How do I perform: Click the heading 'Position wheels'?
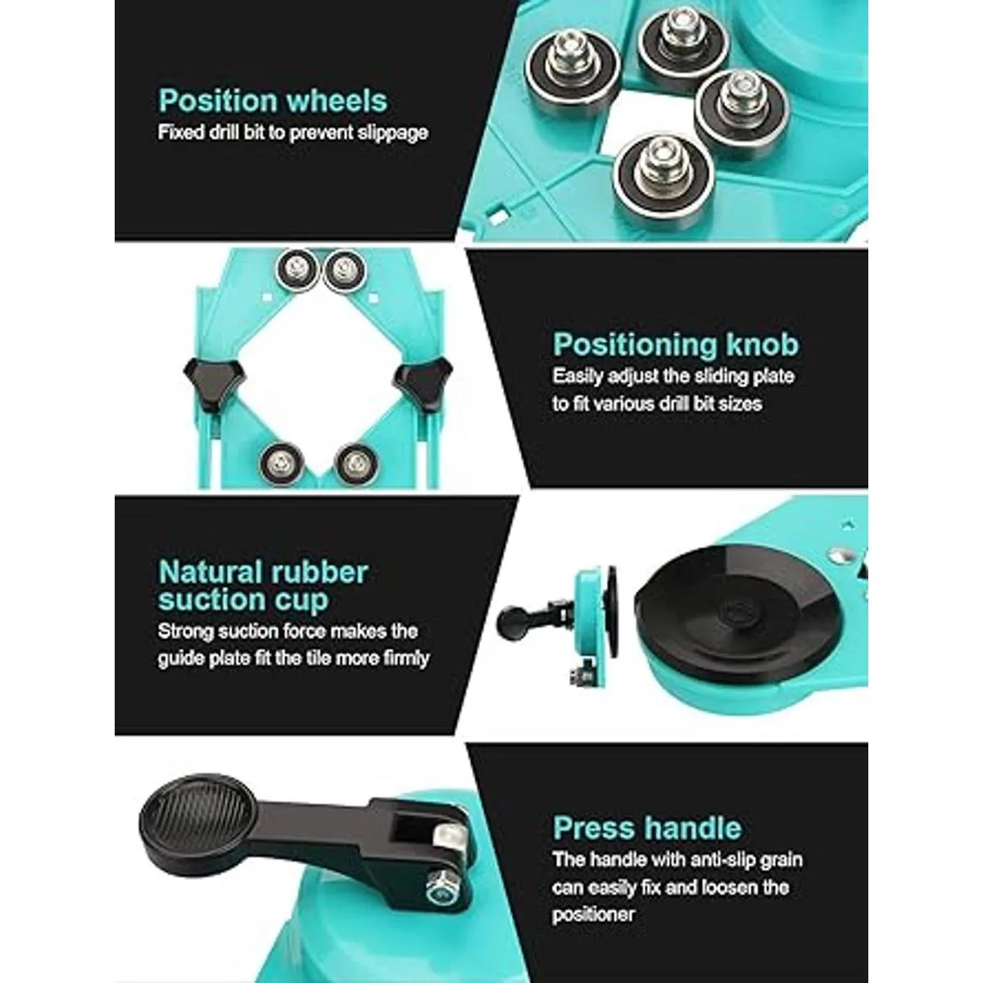point(273,101)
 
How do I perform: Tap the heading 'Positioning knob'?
point(675,344)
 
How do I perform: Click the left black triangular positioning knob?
point(213,379)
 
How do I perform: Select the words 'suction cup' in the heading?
point(243,599)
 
